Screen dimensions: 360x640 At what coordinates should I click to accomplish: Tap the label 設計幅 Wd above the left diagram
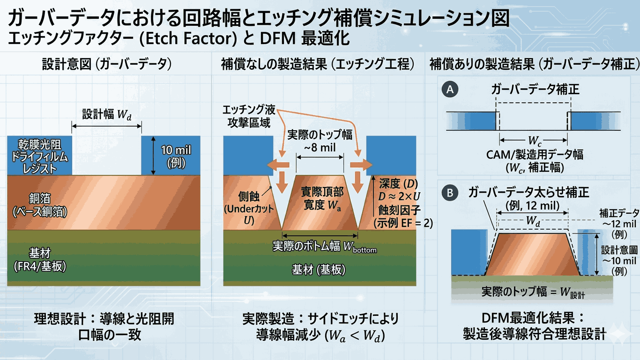tap(107, 114)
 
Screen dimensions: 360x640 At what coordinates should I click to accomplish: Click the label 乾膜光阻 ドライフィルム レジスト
tap(37, 156)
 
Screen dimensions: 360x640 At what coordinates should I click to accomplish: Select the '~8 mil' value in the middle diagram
tap(320, 147)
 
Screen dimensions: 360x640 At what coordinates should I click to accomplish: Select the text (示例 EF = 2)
tap(402, 223)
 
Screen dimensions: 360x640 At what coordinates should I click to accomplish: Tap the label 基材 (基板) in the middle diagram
tap(319, 270)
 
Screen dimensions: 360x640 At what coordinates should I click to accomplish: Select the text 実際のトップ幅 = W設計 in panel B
tap(533, 292)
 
